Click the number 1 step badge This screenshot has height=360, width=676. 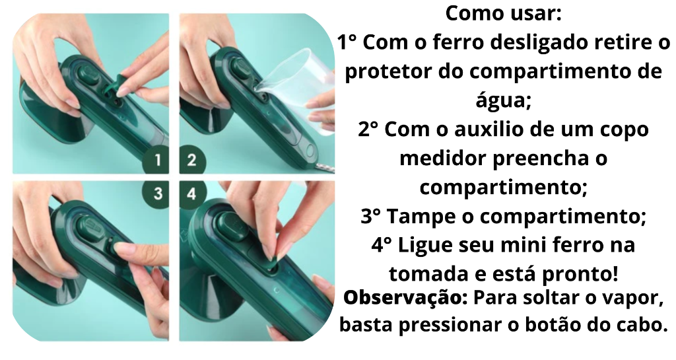[156, 161]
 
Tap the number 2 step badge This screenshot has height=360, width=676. [192, 161]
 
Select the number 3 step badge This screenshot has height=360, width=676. [156, 194]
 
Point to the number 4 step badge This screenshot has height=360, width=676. [192, 194]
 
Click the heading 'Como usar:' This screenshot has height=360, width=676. [503, 13]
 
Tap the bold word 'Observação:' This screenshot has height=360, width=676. [405, 297]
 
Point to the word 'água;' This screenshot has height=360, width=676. [503, 100]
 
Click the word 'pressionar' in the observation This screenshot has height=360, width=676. [450, 325]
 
